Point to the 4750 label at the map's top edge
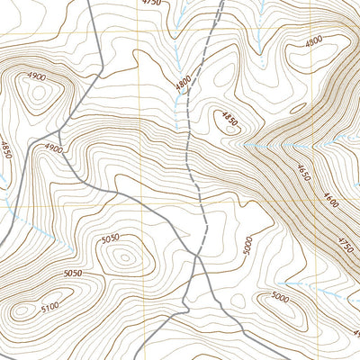[152, 4]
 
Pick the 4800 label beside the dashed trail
[184, 84]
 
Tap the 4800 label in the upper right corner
[314, 41]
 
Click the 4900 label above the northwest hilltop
[36, 76]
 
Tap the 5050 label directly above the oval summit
[110, 238]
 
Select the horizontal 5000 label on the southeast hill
[279, 297]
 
